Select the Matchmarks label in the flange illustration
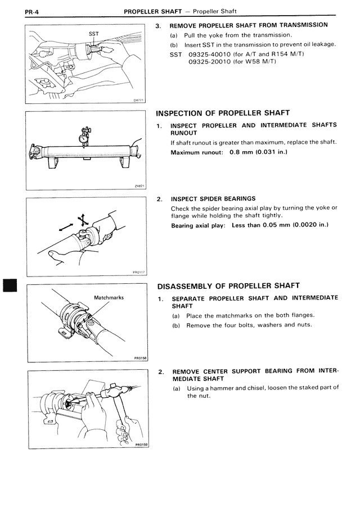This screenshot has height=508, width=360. tap(109, 297)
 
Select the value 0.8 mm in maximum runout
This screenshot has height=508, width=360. tap(242, 152)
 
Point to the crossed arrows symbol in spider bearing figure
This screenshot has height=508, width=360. tap(82, 220)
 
